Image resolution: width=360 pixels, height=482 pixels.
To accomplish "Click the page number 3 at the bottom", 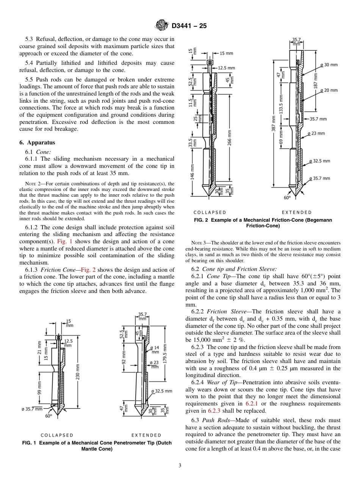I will click(x=180, y=465).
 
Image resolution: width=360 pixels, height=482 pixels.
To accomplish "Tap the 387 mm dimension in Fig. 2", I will click(x=274, y=128).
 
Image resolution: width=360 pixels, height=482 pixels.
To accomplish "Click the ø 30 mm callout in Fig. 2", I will click(x=329, y=65).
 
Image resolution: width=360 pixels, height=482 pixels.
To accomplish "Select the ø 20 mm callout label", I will click(x=329, y=90).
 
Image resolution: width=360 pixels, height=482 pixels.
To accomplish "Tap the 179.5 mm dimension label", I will click(x=164, y=353).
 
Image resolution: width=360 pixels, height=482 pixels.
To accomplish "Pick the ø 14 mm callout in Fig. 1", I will click(x=155, y=349).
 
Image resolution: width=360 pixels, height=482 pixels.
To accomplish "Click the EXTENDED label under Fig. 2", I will click(x=297, y=212).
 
